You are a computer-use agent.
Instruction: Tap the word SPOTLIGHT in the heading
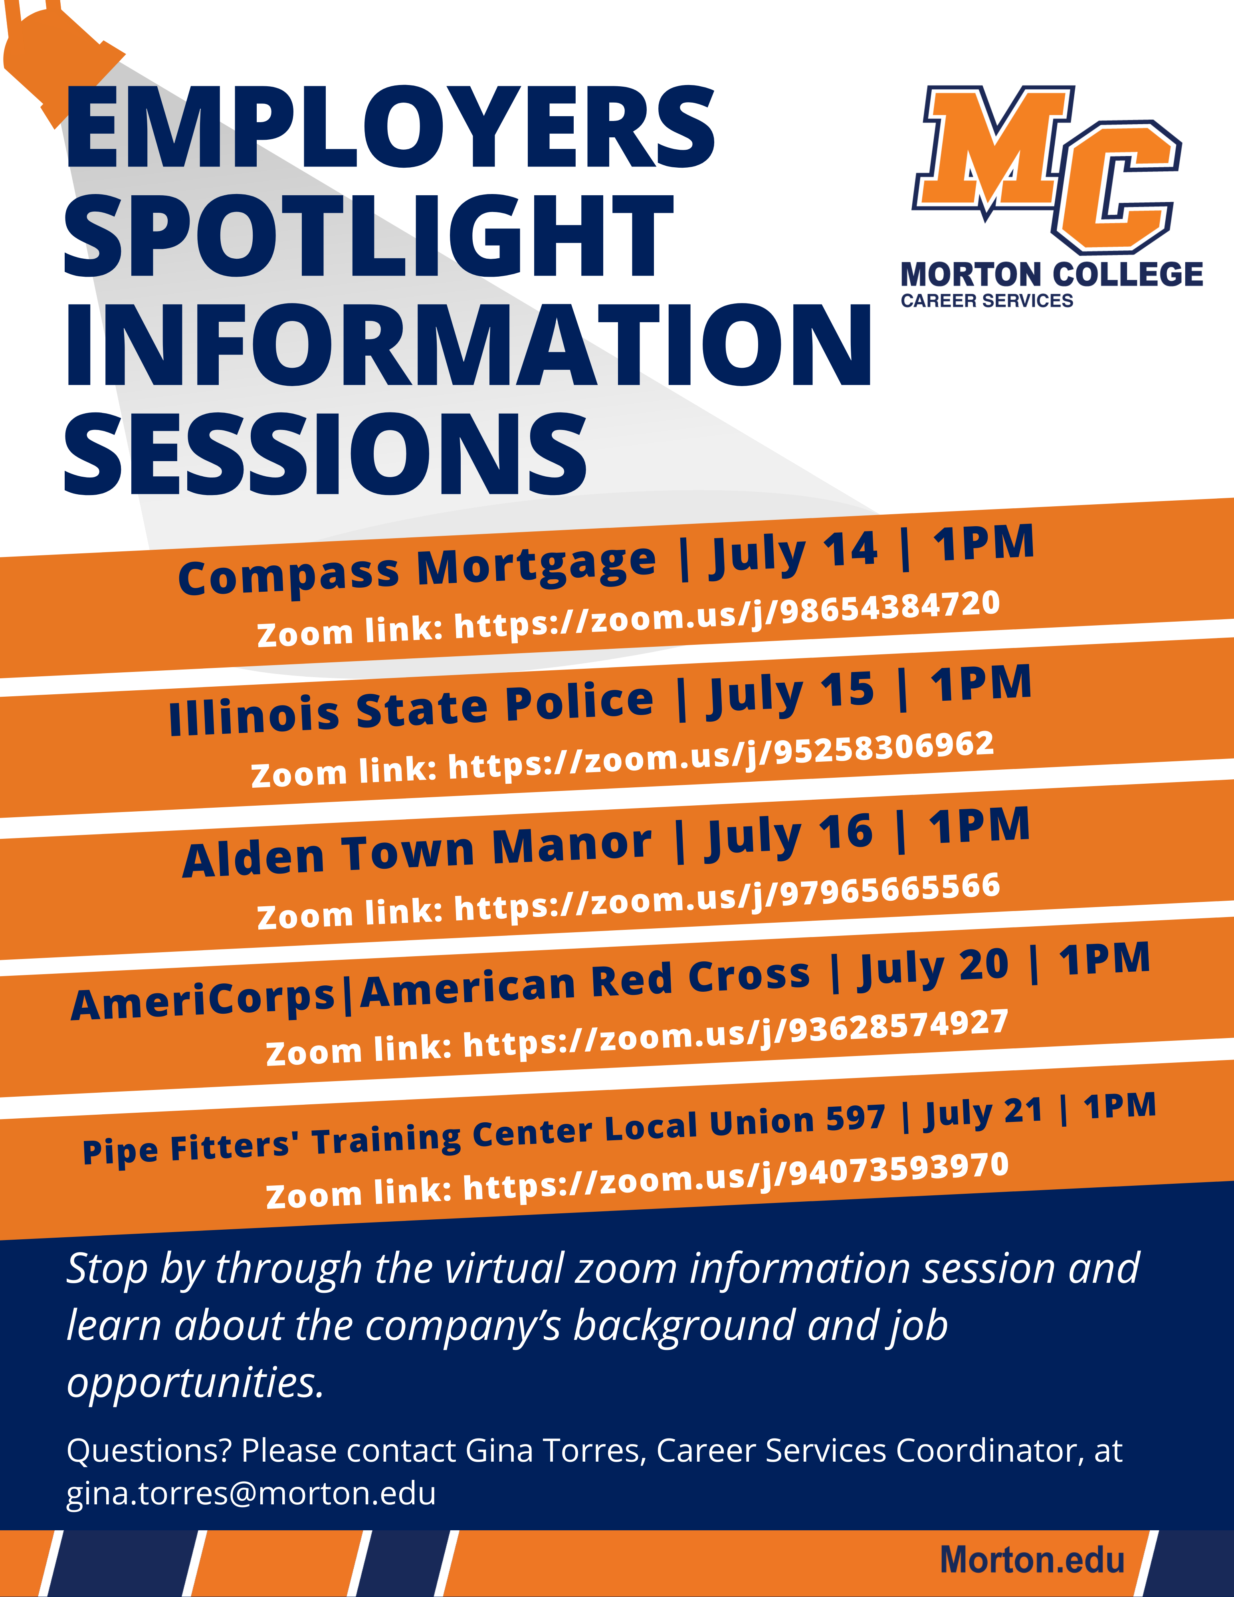coord(369,236)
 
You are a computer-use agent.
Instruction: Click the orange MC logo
coord(1047,168)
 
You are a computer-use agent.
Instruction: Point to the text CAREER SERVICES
coord(987,301)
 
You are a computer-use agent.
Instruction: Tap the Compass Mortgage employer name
coord(417,571)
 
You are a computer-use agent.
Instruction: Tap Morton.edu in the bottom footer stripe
coord(1032,1560)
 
